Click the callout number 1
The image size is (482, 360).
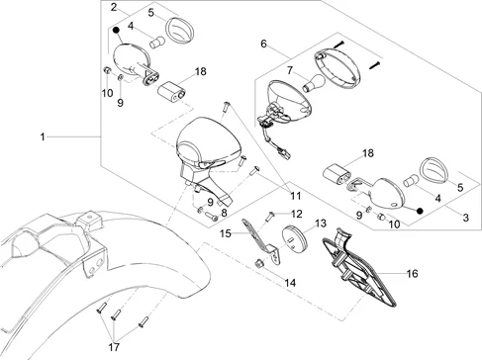[x=43, y=136]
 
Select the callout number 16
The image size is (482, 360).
[x=412, y=273]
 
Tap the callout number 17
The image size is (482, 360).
[x=114, y=347]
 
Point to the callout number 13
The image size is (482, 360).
[x=321, y=224]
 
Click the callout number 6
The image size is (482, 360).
[x=263, y=44]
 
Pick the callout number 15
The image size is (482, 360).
[x=226, y=233]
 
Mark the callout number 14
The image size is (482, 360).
[x=290, y=283]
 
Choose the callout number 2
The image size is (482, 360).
[x=114, y=7]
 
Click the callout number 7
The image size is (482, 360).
[x=290, y=70]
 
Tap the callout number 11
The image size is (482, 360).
[x=296, y=196]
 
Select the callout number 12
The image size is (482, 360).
[x=297, y=214]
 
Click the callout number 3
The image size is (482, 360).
[x=465, y=218]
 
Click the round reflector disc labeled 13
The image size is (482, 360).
[x=294, y=238]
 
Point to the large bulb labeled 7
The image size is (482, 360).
[x=314, y=84]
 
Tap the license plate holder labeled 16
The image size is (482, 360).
[x=359, y=267]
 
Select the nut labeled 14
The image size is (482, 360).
[x=258, y=263]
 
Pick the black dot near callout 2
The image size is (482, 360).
[x=116, y=31]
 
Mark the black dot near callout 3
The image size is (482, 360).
[x=420, y=211]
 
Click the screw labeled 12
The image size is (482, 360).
[x=270, y=217]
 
